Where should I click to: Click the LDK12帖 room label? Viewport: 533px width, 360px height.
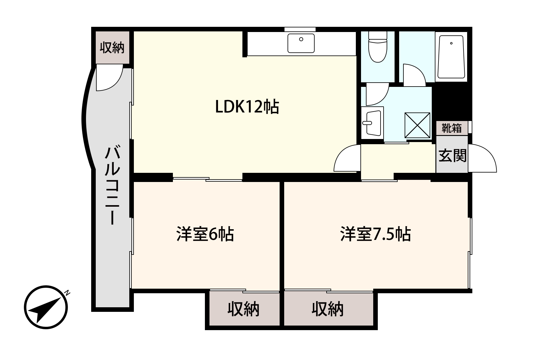click(x=247, y=107)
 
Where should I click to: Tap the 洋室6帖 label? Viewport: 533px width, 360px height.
click(x=205, y=234)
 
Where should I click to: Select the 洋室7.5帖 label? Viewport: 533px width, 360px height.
click(x=375, y=234)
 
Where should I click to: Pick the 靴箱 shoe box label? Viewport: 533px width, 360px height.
click(x=452, y=128)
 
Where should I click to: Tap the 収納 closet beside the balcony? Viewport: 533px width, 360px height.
click(x=112, y=47)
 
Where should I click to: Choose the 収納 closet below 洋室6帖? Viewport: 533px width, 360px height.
click(x=243, y=309)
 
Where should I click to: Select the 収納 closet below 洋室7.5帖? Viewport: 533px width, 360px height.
click(x=327, y=309)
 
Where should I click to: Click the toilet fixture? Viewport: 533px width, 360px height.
click(x=378, y=49)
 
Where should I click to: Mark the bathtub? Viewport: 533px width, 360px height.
click(x=451, y=57)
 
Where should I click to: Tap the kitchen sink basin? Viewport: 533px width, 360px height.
click(x=301, y=43)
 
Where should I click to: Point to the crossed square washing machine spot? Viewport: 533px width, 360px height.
click(x=417, y=125)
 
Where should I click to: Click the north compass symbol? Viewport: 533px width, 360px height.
click(x=46, y=307)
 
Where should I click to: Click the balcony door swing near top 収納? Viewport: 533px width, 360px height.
click(x=109, y=78)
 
